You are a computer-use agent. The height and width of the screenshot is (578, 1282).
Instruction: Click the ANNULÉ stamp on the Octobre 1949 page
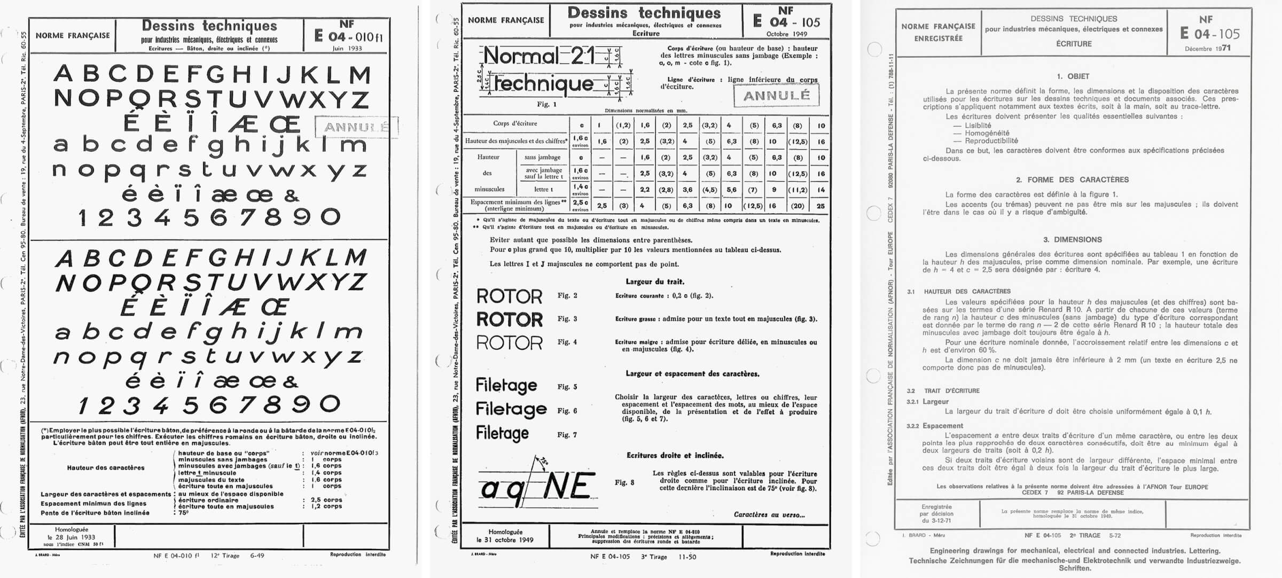(776, 96)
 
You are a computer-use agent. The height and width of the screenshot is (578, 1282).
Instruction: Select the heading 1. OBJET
(1073, 76)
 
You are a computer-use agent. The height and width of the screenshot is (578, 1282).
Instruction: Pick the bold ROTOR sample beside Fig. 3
(509, 319)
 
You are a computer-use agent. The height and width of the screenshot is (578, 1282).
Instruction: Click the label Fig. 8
(624, 482)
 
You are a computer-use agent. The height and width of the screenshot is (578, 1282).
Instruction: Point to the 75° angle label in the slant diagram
(543, 461)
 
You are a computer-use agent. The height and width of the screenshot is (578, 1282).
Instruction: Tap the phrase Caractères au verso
(769, 515)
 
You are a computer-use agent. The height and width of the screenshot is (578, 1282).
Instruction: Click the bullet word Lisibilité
(978, 126)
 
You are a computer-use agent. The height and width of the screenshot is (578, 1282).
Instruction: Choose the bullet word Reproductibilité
(991, 140)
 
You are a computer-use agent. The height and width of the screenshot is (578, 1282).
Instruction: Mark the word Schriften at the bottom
(1075, 568)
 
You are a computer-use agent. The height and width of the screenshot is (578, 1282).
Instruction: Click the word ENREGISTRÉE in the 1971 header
(938, 38)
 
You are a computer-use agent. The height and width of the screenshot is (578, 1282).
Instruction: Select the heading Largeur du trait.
(655, 282)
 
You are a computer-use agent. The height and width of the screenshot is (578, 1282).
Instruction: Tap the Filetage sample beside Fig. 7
(502, 433)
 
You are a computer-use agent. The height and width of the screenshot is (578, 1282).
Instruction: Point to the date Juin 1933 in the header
(347, 48)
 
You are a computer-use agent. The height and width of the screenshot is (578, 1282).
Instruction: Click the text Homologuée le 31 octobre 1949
(505, 536)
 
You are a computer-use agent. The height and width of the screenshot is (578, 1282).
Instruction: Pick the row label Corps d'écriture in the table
(515, 123)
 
